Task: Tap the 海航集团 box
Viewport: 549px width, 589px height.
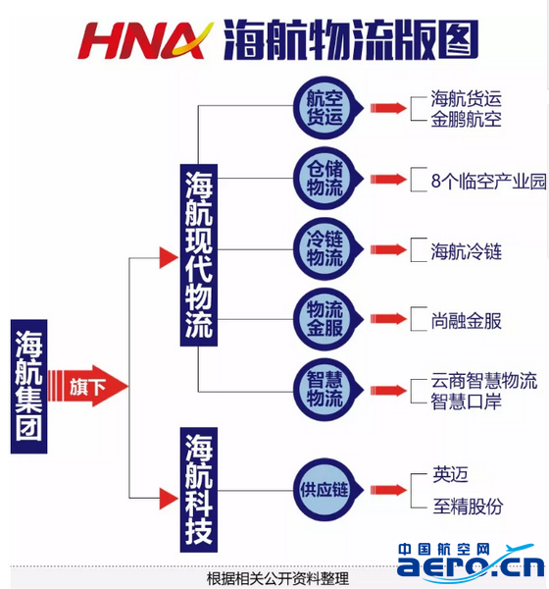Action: [28, 386]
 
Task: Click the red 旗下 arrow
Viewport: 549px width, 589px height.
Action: [88, 386]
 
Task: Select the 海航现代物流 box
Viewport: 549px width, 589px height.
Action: [198, 255]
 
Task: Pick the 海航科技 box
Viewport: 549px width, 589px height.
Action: [198, 490]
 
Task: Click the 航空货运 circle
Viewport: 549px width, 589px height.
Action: [324, 108]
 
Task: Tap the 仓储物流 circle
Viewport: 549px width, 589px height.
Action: [324, 179]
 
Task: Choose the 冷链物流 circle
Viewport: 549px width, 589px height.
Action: [324, 249]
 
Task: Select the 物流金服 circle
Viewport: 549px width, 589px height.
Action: [324, 319]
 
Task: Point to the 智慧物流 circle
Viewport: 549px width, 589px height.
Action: [324, 390]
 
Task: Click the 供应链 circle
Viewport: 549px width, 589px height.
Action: [324, 490]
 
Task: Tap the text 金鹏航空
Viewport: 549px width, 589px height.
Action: [466, 120]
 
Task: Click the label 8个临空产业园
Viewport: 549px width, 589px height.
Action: [488, 181]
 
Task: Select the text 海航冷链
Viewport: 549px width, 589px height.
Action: [466, 251]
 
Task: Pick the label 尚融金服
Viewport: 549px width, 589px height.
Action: [466, 321]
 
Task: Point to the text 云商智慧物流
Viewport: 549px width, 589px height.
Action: [483, 381]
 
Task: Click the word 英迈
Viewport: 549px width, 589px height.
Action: [450, 475]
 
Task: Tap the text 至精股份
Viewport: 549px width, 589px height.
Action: [468, 506]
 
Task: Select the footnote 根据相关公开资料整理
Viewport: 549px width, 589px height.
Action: [277, 578]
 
